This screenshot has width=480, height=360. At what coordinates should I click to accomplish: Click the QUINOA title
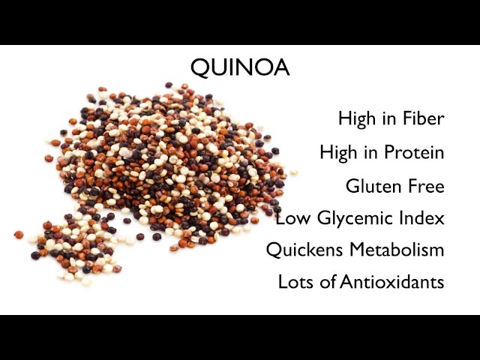point(240,68)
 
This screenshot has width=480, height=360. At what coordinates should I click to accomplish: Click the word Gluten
point(371,186)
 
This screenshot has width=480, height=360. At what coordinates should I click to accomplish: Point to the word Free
point(424,186)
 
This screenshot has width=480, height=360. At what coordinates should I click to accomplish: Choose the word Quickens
point(300,250)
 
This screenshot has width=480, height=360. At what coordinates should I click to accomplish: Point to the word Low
point(289,219)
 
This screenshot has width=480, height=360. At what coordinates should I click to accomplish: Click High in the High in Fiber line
point(355,119)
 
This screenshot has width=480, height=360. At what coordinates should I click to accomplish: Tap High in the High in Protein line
point(337,153)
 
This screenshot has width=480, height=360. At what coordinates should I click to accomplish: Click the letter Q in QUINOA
point(200,69)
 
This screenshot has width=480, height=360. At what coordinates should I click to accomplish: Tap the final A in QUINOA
point(281,68)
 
